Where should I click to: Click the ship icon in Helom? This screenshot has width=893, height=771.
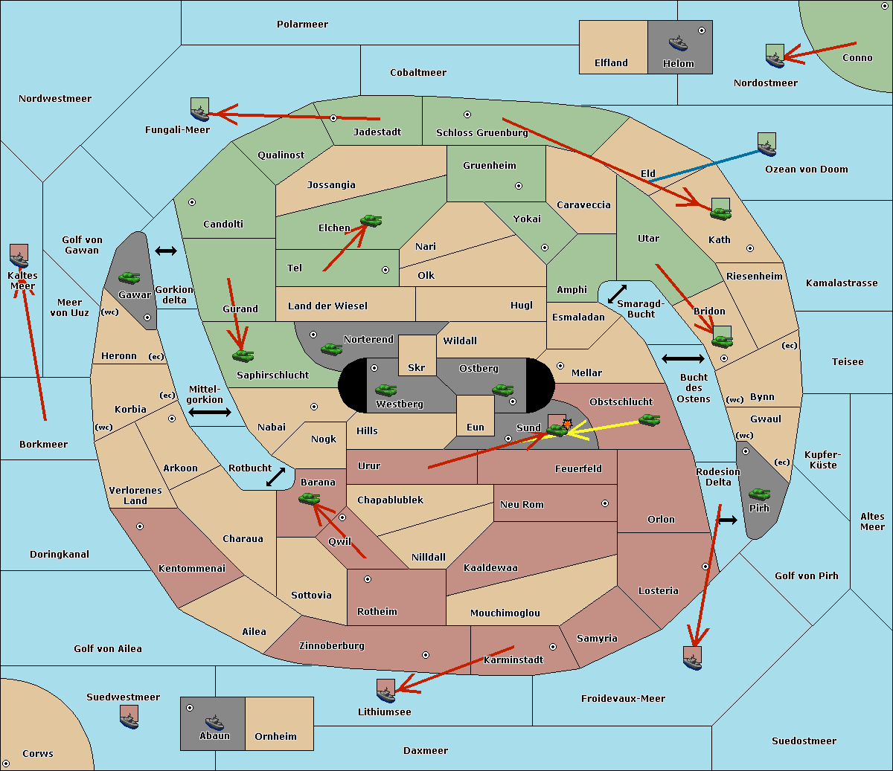pyautogui.click(x=678, y=44)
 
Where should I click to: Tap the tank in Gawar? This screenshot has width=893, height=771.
pyautogui.click(x=129, y=277)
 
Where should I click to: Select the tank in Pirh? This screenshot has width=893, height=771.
pyautogui.click(x=759, y=494)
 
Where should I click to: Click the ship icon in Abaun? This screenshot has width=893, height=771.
pyautogui.click(x=215, y=723)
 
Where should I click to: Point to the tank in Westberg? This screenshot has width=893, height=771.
pyautogui.click(x=385, y=390)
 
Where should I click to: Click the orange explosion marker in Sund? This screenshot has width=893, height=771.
pyautogui.click(x=567, y=424)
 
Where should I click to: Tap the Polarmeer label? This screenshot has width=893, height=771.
pyautogui.click(x=302, y=25)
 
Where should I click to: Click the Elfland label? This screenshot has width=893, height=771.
pyautogui.click(x=611, y=63)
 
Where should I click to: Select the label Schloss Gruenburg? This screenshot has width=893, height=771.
pyautogui.click(x=481, y=132)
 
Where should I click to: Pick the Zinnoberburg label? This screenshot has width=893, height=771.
pyautogui.click(x=332, y=646)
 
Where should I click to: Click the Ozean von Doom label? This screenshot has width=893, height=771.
pyautogui.click(x=806, y=170)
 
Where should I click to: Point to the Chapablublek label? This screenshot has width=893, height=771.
pyautogui.click(x=390, y=500)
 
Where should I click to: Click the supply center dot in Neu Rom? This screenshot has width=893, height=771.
pyautogui.click(x=605, y=503)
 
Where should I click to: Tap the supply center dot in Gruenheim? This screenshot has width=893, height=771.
pyautogui.click(x=519, y=186)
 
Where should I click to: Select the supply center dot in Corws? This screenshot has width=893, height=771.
pyautogui.click(x=6, y=764)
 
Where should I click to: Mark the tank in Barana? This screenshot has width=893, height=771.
pyautogui.click(x=309, y=499)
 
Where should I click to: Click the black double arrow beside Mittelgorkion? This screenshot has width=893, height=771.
pyautogui.click(x=210, y=412)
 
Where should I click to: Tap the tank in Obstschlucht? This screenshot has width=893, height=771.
pyautogui.click(x=649, y=419)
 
